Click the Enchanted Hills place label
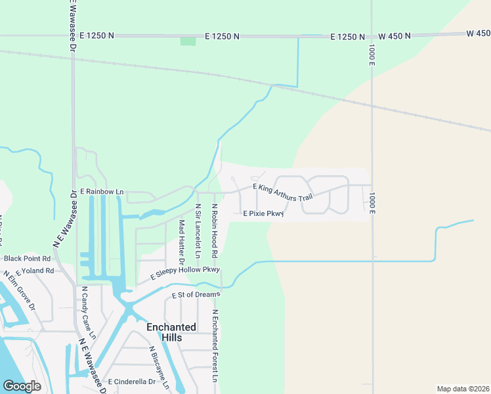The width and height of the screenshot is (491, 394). coord(171,332)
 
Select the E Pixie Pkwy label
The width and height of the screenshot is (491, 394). coord(263,213)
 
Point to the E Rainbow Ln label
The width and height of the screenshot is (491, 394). coord(102,192)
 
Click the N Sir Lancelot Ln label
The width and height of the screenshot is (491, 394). coord(197,230)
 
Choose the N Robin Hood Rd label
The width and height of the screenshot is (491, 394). coord(215,230)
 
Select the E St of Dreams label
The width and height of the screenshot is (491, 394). coord(195,295)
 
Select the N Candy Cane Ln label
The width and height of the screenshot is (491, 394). coord(89,313)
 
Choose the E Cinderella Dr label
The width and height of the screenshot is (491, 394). coord(131,382)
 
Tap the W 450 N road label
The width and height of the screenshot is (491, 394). coord(395,36)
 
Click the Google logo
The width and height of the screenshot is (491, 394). coord(22,386)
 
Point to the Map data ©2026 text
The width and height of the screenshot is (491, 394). coord(463,388)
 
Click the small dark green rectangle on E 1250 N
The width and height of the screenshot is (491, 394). coord(188,41)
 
